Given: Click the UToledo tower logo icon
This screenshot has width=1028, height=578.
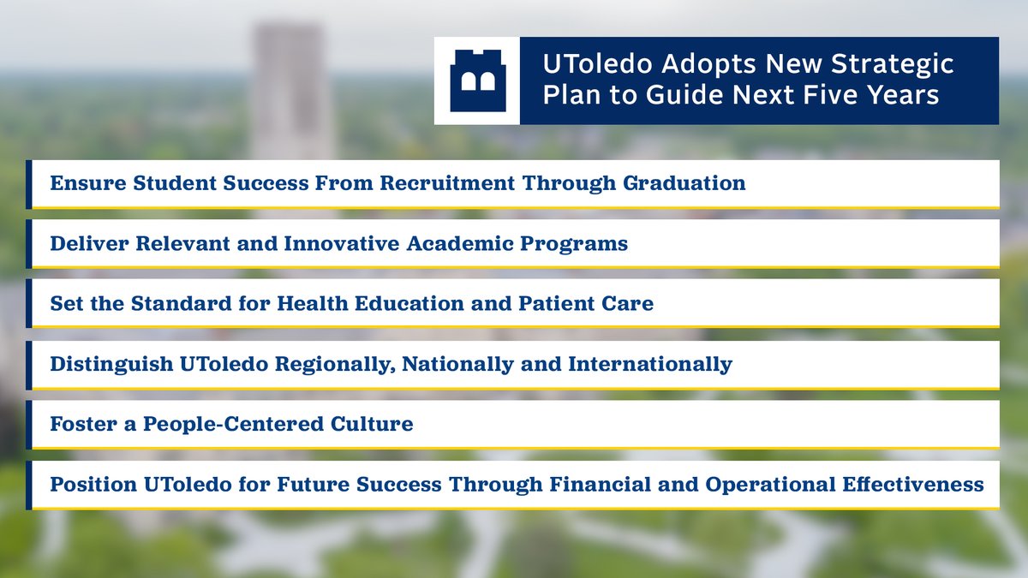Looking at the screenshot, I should click(477, 80).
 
